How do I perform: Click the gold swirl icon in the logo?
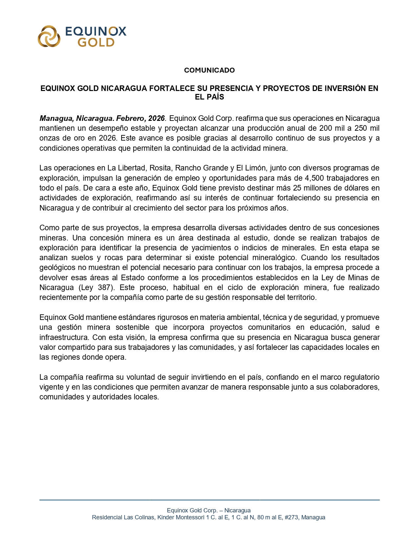click(49, 36)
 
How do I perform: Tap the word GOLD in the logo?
click(96, 42)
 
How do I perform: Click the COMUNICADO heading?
click(209, 70)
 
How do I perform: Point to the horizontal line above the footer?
click(209, 500)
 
